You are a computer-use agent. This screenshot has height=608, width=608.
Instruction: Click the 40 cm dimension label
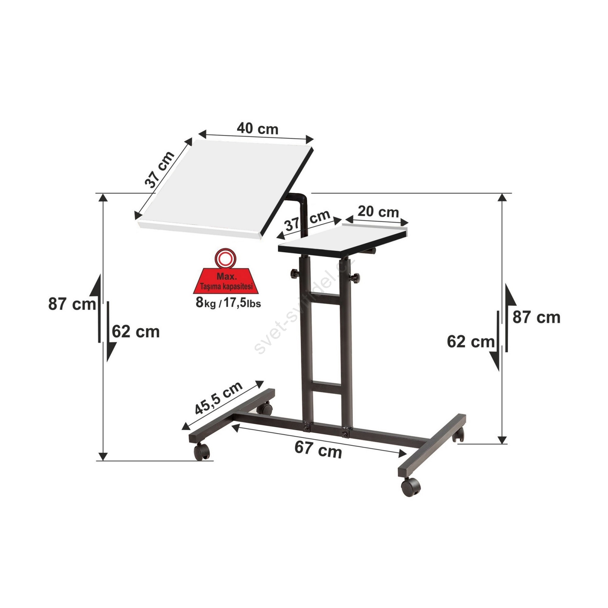258,129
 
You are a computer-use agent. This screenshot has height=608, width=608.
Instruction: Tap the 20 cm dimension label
378,211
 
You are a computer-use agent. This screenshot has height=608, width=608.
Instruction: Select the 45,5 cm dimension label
218,397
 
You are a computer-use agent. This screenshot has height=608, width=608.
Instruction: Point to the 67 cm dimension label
318,450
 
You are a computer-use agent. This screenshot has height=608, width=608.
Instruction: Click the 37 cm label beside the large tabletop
160,169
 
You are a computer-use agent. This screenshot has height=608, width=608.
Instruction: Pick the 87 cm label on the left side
72,304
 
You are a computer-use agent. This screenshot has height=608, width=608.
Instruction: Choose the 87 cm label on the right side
536,317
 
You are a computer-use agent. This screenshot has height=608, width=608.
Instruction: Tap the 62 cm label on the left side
136,332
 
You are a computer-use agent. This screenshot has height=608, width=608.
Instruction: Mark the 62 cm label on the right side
470,342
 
